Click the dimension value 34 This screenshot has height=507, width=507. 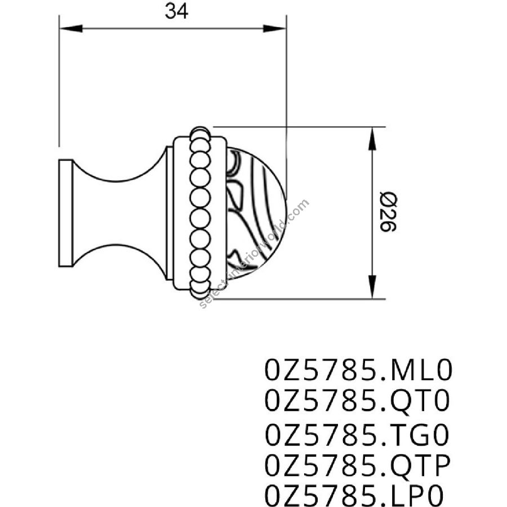[x=176, y=11]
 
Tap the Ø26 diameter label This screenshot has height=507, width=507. [x=388, y=212]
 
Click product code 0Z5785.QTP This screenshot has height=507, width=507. [x=358, y=466]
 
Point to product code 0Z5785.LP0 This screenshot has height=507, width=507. [x=354, y=496]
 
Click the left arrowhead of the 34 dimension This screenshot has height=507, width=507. [x=71, y=29]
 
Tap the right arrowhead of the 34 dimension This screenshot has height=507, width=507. [x=274, y=29]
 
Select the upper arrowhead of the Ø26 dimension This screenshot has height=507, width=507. [x=372, y=139]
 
